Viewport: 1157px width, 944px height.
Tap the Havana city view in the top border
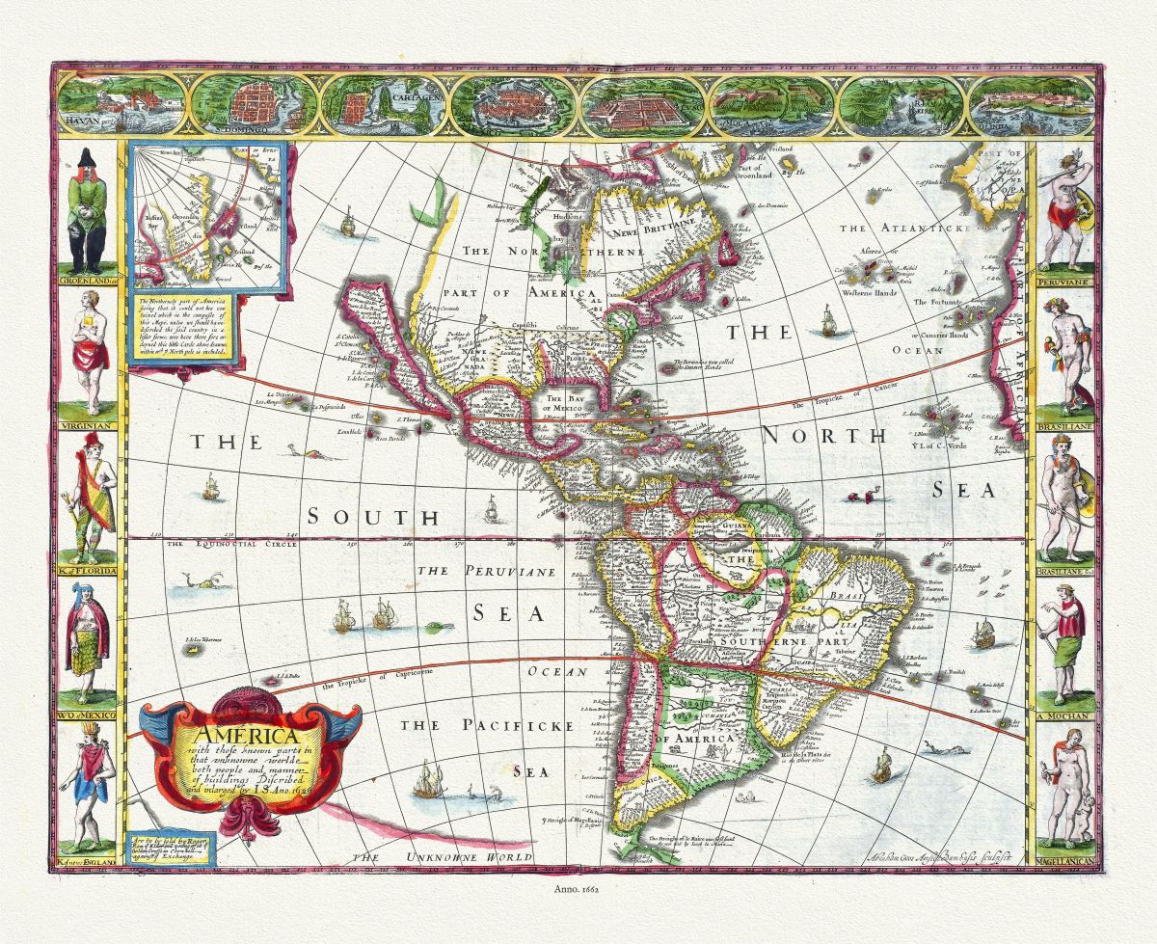120,102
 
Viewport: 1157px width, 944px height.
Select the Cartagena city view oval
382,102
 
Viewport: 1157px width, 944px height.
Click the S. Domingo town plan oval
253,103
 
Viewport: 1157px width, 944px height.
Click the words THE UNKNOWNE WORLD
443,856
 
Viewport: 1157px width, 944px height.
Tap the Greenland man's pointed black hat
87,160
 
